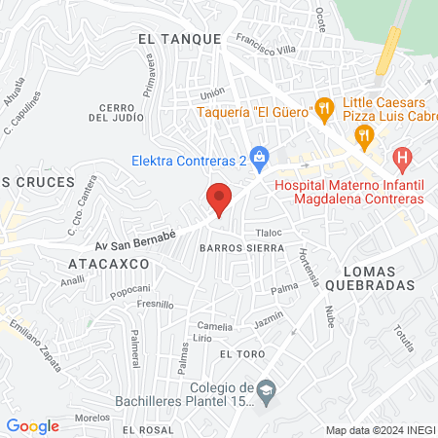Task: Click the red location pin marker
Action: point(219,200)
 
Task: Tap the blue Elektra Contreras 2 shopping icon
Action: point(259,156)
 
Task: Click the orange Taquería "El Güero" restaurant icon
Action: point(325,109)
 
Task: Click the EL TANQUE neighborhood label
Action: point(175,38)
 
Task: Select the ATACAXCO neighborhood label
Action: point(108,264)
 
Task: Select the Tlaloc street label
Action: point(268,234)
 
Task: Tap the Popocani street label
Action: point(129,289)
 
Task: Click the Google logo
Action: point(33,425)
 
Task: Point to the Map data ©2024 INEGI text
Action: point(380,430)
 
